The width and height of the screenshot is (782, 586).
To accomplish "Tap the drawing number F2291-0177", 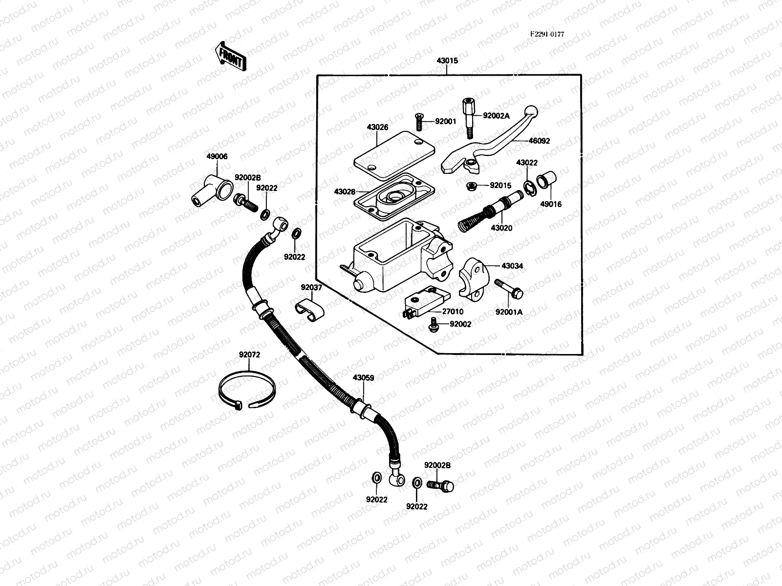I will point(547,34).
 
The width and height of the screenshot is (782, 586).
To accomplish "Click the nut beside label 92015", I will point(472,186).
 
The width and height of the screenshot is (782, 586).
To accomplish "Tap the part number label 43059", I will point(363,378).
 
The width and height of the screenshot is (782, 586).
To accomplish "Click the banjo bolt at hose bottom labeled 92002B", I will point(441,485).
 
